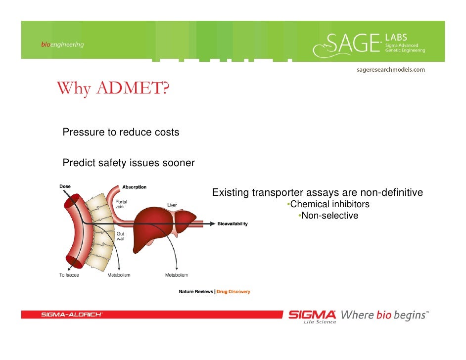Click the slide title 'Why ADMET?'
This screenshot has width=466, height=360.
tap(113, 89)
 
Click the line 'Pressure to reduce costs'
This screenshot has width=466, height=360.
tap(121, 133)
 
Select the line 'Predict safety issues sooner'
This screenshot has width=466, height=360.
tap(129, 163)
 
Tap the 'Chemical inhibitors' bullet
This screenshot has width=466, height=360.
tap(329, 204)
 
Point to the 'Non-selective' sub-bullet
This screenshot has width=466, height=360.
tap(329, 216)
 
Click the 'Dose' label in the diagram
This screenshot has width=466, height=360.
tap(65, 186)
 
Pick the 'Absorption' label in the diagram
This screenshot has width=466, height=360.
tap(134, 187)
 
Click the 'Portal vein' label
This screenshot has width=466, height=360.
tap(121, 205)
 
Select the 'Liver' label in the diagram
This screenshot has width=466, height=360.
tap(172, 205)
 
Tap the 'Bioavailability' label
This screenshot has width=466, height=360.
tap(233, 224)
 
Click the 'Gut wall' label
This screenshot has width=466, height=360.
tap(121, 236)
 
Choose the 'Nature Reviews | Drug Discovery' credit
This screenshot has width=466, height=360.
tap(214, 292)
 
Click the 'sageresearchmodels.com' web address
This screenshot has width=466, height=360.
tap(391, 70)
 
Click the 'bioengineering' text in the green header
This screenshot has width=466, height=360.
tap(62, 45)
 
